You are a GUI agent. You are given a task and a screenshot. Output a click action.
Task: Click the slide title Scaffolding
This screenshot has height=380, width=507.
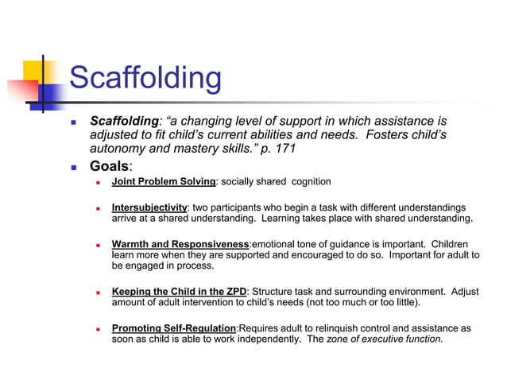(145, 78)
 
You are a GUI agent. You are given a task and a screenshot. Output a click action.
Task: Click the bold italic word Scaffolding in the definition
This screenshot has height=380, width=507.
(125, 122)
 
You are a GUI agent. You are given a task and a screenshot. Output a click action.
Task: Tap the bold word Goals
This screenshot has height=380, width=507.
(109, 166)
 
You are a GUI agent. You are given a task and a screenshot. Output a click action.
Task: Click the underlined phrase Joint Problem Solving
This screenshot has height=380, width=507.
(164, 182)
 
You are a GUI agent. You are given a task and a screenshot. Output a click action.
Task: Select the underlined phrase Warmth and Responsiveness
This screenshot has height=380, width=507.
(180, 244)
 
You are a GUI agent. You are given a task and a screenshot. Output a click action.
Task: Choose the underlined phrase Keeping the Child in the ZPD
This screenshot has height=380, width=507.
(179, 292)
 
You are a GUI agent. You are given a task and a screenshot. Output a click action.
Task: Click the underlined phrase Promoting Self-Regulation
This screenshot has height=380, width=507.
(174, 328)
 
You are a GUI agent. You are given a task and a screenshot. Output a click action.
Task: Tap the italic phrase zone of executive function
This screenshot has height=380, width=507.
(384, 339)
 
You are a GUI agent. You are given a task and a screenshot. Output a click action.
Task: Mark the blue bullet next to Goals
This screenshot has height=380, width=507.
(74, 168)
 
